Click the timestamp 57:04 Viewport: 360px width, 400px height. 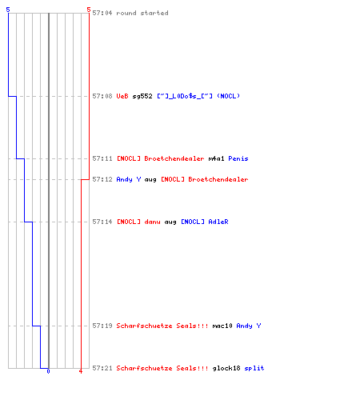coord(102,13)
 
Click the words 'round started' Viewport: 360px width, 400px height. coord(142,13)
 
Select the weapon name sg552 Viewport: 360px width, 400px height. coord(142,96)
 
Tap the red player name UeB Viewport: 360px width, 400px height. coord(122,96)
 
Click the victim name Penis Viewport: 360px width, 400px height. coord(238,158)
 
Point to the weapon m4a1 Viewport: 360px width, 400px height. coord(216,158)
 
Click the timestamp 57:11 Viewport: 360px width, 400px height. coord(102,158)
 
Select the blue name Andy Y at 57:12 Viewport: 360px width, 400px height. coord(129,179)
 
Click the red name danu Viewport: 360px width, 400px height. coord(152,222)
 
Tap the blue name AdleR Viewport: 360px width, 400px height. coord(218,222)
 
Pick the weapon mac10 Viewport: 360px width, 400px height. coord(222,326)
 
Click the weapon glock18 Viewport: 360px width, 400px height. coord(226,368)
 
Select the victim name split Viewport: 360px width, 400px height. coord(254,368)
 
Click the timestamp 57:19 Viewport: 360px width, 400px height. coord(102,326)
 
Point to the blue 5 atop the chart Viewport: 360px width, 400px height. coord(8,10)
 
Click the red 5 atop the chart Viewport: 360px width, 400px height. coord(89,10)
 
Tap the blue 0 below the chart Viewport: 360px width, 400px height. coord(48,371)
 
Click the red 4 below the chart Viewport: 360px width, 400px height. coord(81,371)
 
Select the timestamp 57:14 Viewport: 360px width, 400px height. coord(102,222)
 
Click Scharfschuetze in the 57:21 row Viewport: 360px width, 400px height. coord(144,368)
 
